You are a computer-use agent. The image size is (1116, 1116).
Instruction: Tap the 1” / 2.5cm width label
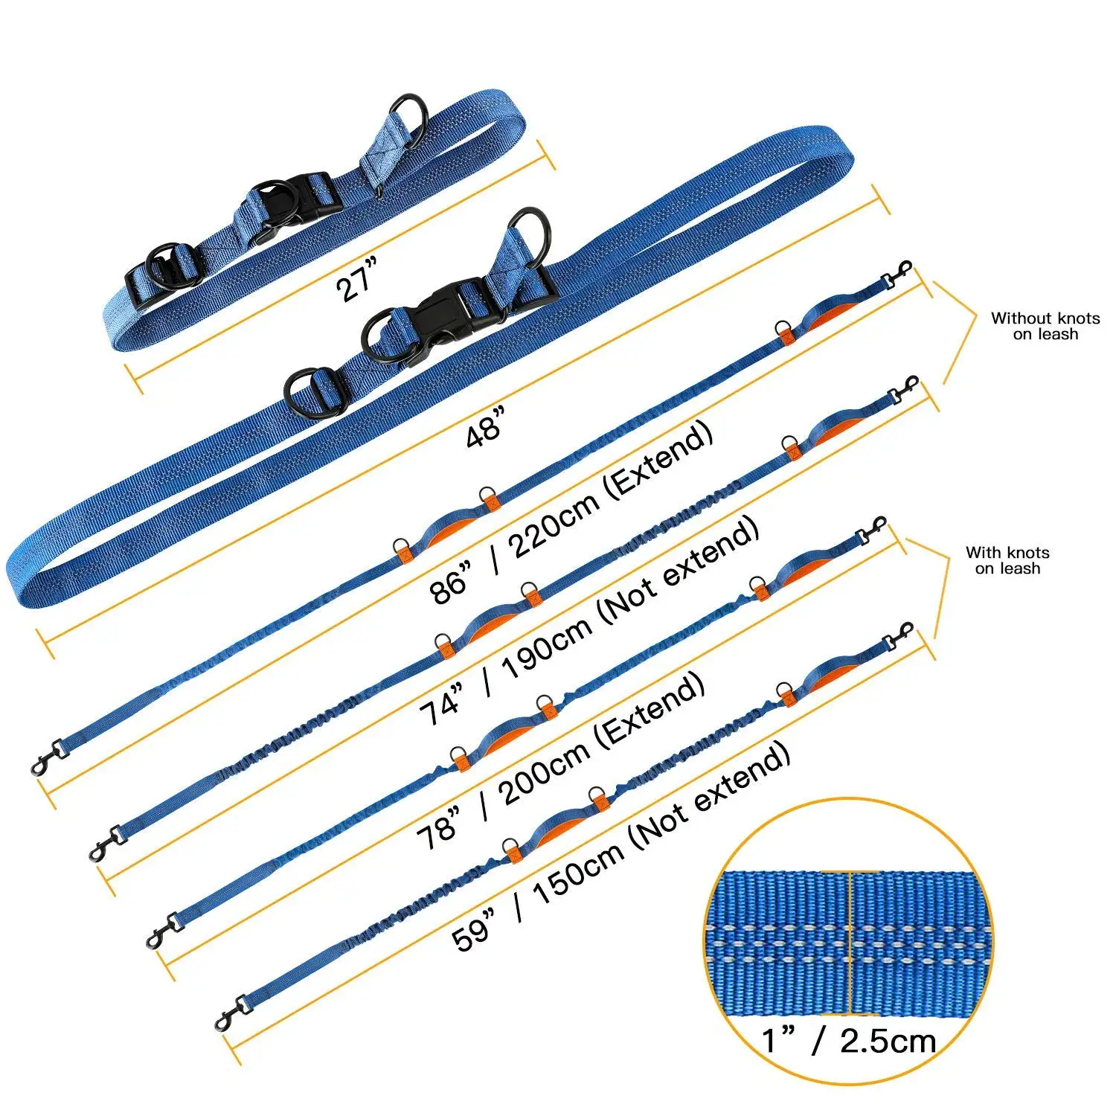[848, 1040]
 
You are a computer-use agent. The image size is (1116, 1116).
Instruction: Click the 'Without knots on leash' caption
[1045, 326]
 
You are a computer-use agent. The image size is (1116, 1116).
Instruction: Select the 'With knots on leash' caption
[1007, 560]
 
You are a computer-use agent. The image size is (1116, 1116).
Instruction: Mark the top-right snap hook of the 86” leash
[898, 274]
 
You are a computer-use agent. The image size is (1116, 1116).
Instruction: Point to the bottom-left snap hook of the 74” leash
[104, 844]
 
